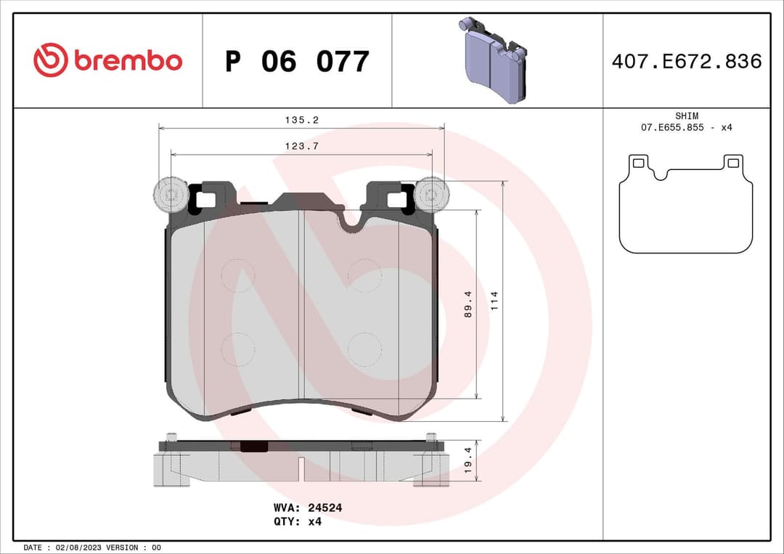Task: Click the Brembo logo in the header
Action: coord(107,61)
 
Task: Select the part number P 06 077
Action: coord(297,62)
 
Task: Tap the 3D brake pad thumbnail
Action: coord(493,61)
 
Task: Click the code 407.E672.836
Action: coord(686,62)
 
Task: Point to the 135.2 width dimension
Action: coord(301,121)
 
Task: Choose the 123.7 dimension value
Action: coord(301,146)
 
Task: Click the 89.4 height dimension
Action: coord(468,304)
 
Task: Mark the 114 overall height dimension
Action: coord(496,300)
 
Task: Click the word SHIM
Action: coord(686,115)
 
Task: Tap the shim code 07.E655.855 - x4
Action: coord(686,128)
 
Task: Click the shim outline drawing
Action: coord(685,205)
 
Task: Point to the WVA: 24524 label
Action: coord(308,508)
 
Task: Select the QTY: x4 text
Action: coord(298,521)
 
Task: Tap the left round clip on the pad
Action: coord(170,195)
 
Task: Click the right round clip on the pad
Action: coord(433,195)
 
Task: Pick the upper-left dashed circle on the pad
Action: coord(238,275)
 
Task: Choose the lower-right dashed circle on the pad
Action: coord(364,350)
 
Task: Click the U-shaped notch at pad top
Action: coord(351,220)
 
